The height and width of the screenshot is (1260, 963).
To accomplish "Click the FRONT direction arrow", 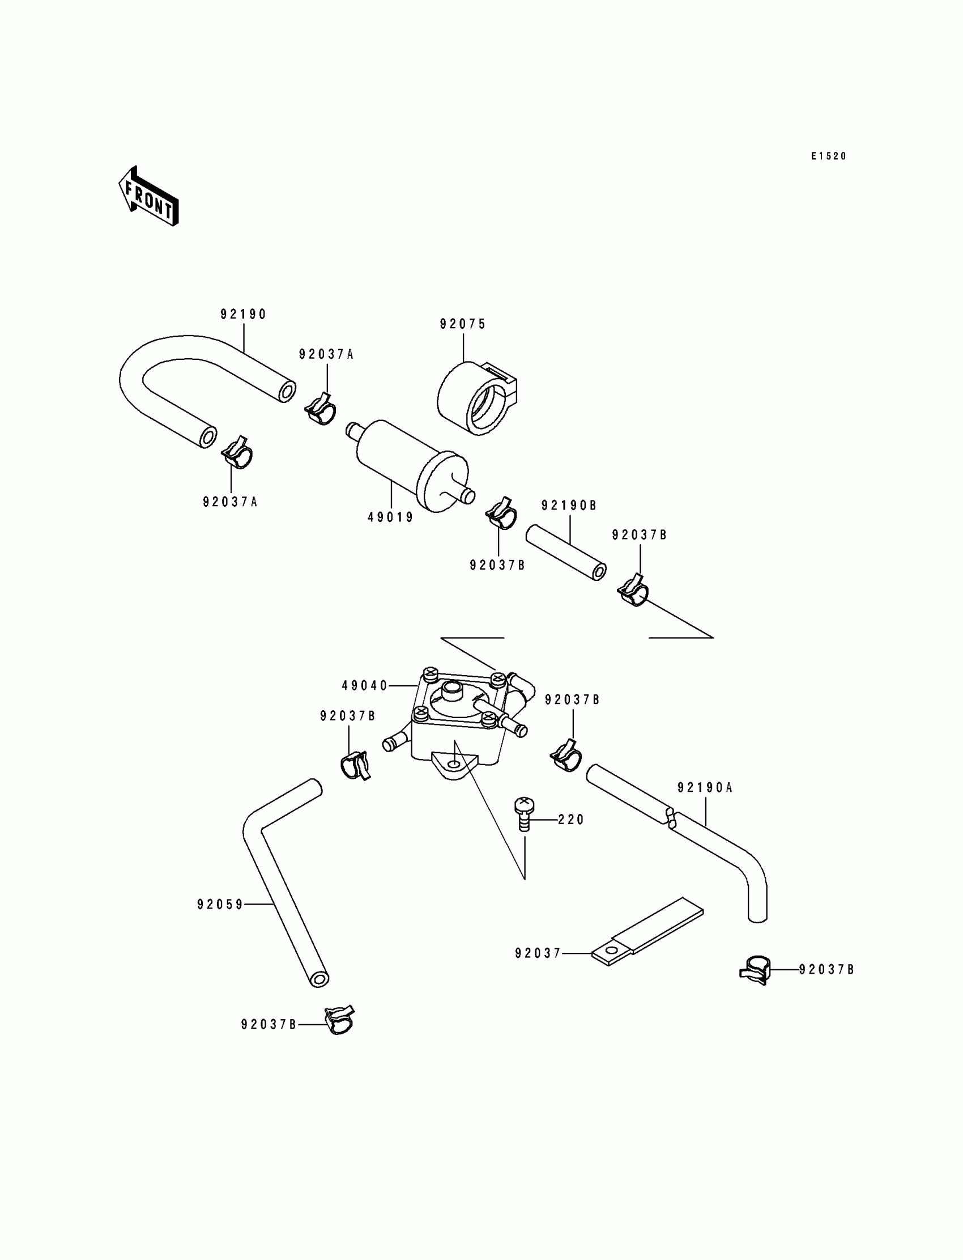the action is (148, 196).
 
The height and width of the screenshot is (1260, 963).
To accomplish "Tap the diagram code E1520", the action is (828, 156).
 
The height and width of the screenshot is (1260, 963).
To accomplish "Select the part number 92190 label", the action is (244, 314).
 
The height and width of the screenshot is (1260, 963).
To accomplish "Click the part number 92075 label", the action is (463, 324).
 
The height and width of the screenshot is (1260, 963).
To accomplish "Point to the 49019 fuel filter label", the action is (390, 517).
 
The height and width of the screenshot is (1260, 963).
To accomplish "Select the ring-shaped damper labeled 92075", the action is (477, 398).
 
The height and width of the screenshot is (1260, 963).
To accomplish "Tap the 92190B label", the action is (569, 505).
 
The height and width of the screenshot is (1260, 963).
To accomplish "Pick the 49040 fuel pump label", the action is (365, 685).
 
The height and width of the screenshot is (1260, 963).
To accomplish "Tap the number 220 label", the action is (571, 820).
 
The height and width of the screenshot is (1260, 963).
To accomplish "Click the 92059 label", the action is (220, 905).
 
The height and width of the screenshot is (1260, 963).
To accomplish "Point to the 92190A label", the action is (705, 788).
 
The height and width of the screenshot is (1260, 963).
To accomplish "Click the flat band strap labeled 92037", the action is (647, 931).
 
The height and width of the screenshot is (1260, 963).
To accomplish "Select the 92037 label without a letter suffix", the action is (538, 953).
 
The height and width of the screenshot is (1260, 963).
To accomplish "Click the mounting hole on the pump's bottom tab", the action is (454, 765).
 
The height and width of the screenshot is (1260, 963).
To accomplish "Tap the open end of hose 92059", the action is (319, 979).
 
